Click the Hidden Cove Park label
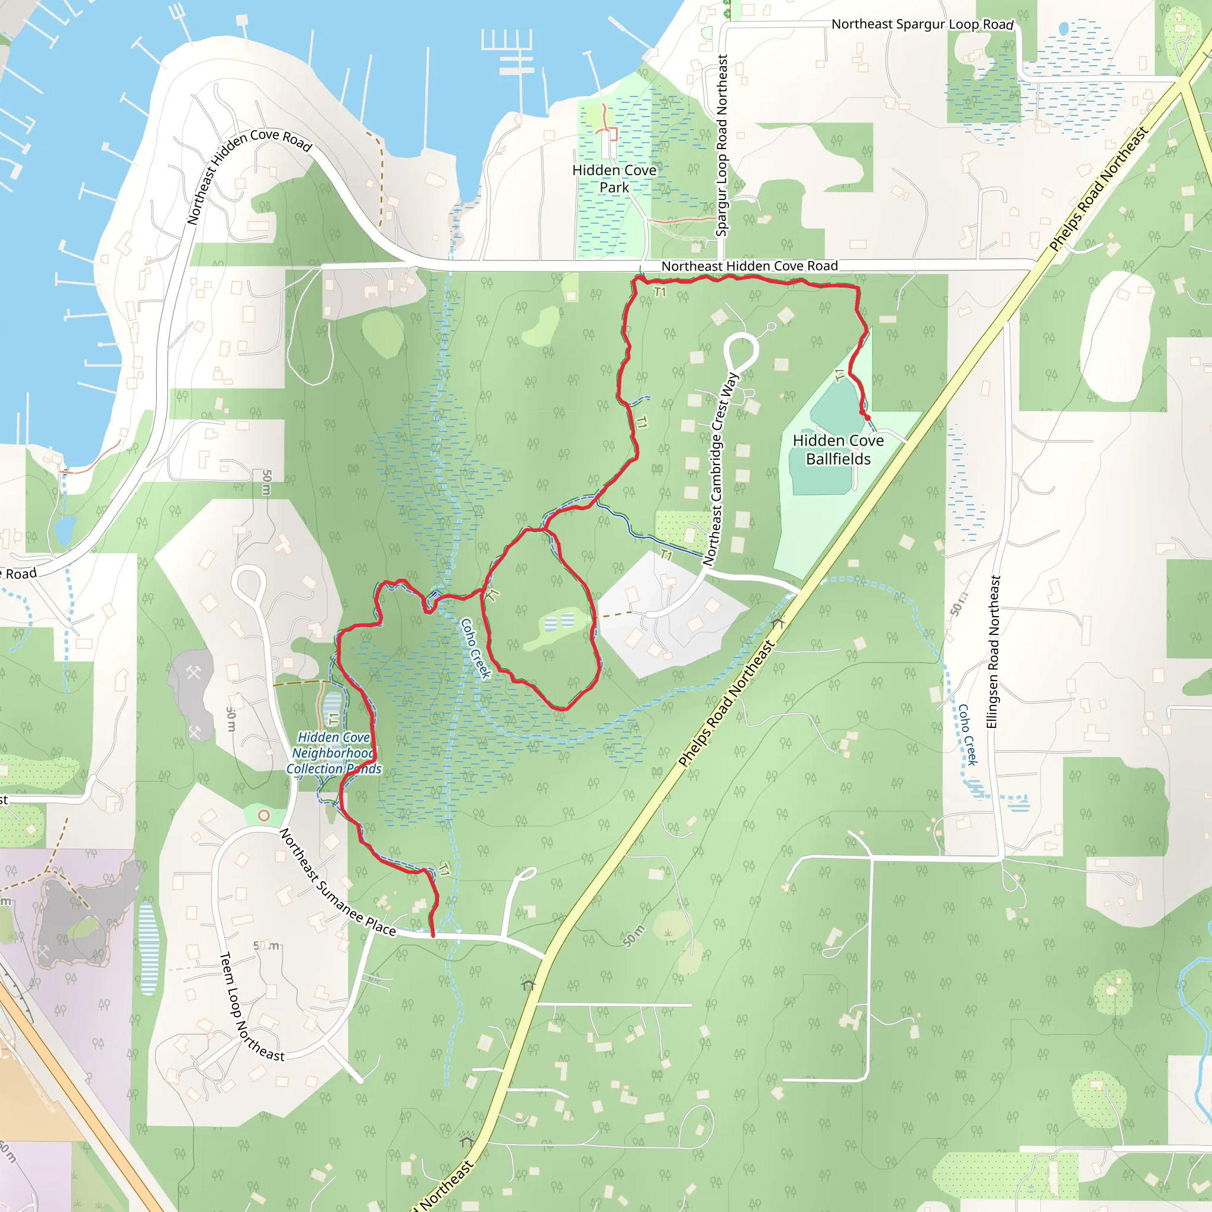coord(614,179)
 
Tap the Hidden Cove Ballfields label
coord(838,450)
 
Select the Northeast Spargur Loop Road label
coord(922,24)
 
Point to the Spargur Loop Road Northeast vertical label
coord(722,146)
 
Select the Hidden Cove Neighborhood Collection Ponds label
coord(334,753)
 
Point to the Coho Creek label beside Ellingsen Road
coord(968,734)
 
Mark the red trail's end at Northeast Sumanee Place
coord(433,936)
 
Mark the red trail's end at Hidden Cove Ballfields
coord(868,418)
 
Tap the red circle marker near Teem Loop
coord(264,815)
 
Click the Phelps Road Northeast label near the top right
coord(1098,189)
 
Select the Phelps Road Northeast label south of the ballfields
coord(728,703)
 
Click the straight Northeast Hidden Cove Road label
coord(749,266)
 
